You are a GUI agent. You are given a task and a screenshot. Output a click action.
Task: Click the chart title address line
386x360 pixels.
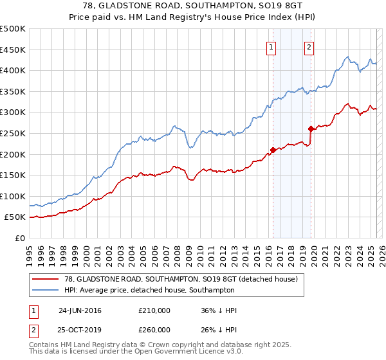click(x=194, y=5)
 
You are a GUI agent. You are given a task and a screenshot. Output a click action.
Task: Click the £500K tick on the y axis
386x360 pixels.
click(x=13, y=29)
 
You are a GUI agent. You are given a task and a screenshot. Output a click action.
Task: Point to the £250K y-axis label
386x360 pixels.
click(x=13, y=133)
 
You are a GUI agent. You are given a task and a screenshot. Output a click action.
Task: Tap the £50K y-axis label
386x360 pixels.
click(x=15, y=217)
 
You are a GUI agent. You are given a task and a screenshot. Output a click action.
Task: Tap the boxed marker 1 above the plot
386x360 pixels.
click(x=271, y=47)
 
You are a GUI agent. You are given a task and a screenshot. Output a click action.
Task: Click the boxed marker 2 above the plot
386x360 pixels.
click(x=309, y=47)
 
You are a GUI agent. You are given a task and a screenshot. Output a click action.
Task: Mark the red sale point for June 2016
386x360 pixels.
click(x=273, y=150)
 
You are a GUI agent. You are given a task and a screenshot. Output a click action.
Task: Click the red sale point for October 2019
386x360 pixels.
click(x=311, y=129)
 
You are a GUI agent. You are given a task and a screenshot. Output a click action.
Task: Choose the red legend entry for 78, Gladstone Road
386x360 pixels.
click(x=180, y=279)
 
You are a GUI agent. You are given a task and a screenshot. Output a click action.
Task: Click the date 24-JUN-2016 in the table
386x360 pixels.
click(x=80, y=310)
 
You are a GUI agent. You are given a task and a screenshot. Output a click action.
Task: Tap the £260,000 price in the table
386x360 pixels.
click(x=154, y=330)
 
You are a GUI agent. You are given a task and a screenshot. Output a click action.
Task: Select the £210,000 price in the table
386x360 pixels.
click(x=154, y=310)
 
